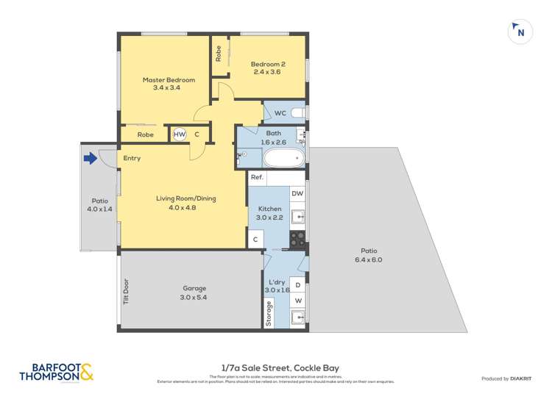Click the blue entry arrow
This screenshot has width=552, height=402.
[x=91, y=158]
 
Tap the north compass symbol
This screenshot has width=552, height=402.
[x=520, y=32]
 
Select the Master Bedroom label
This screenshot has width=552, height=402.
[x=169, y=84]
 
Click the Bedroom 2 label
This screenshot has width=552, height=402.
[x=269, y=68]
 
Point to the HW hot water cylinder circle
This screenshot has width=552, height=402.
[x=180, y=134]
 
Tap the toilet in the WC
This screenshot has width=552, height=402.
[x=297, y=113]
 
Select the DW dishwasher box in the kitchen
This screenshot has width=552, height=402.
[x=297, y=193]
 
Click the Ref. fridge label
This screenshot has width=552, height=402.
[x=257, y=178]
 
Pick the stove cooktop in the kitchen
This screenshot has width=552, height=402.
[x=297, y=239]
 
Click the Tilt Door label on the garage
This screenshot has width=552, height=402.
[x=126, y=291]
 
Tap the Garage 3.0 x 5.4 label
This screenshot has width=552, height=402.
[x=195, y=292]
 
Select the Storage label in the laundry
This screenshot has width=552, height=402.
[x=269, y=313]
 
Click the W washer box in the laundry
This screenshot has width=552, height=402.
[x=297, y=301]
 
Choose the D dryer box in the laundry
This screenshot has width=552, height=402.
[x=297, y=285]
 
